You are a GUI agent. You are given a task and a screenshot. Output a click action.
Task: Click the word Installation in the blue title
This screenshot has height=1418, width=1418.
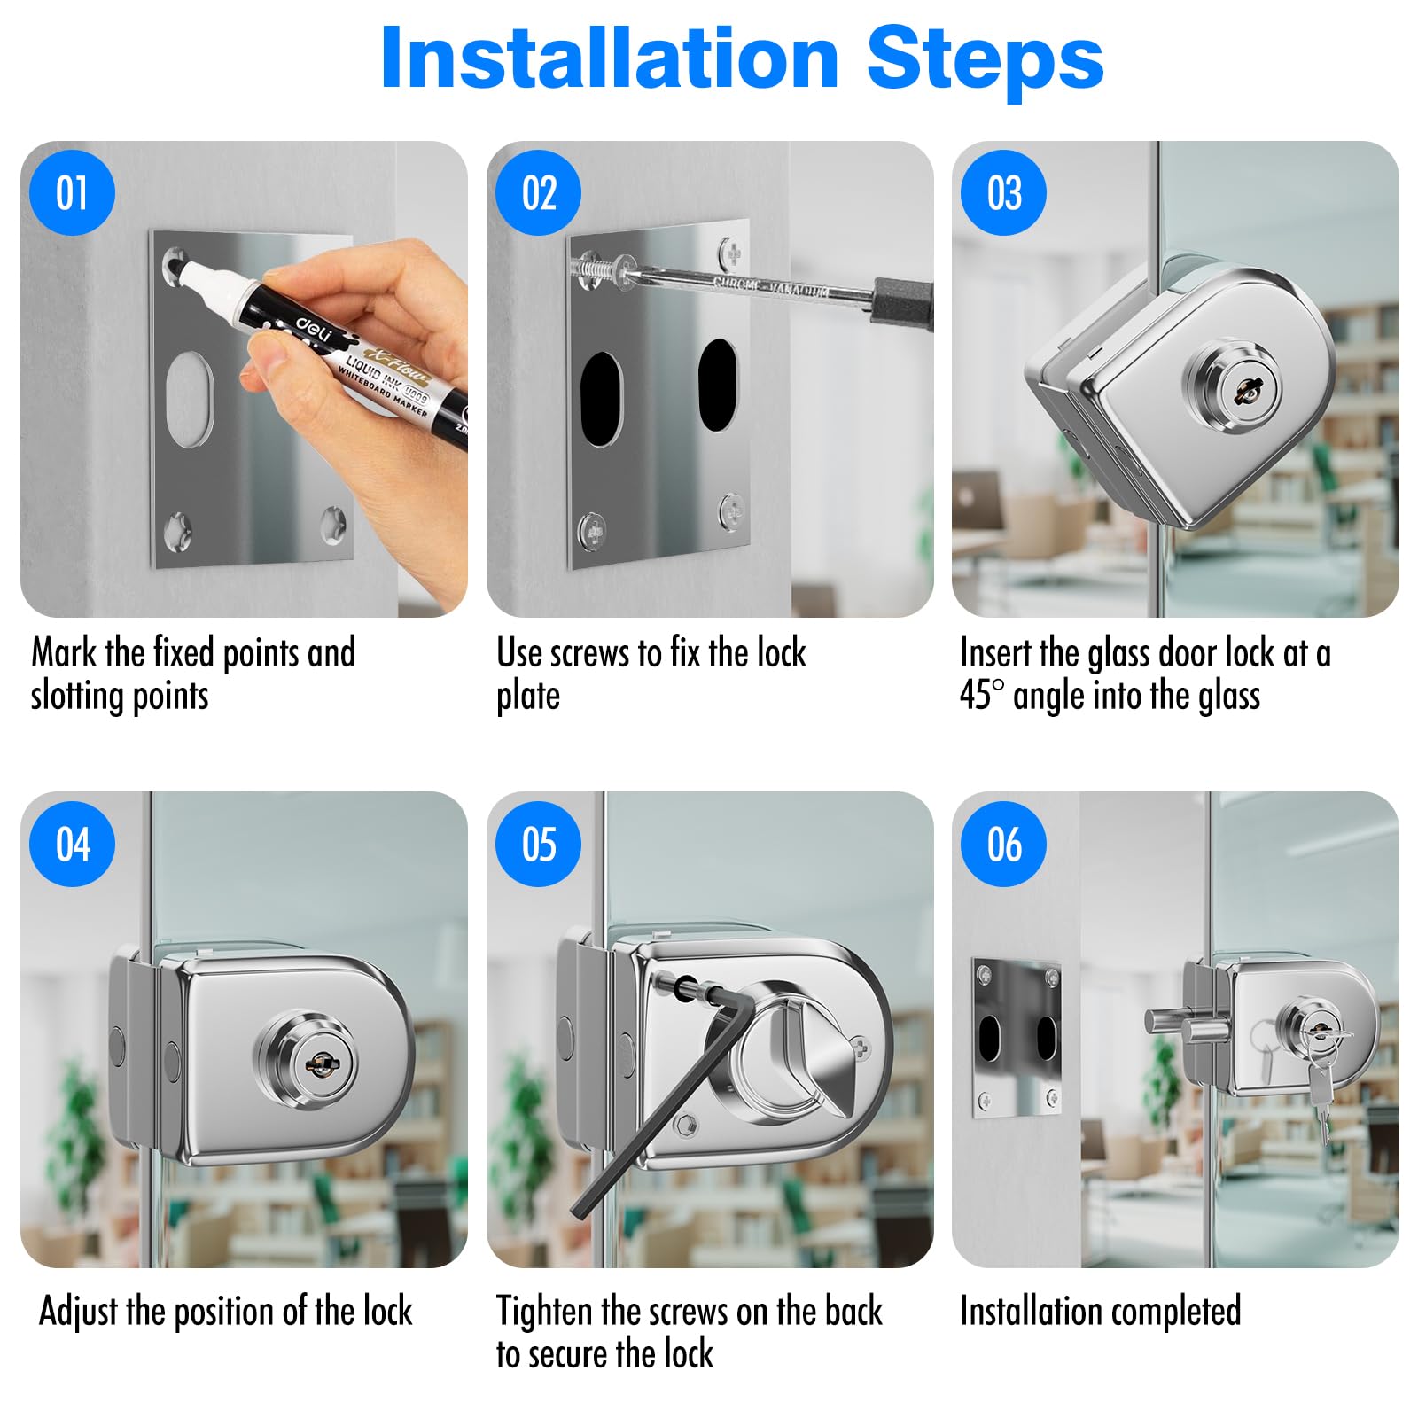point(610,58)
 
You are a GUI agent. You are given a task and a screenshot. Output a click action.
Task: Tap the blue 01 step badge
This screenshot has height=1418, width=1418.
point(73,193)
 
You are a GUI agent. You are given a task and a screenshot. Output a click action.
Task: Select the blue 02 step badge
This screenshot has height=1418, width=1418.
point(539,193)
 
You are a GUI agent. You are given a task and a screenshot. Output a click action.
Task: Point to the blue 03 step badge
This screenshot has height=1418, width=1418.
point(1004,193)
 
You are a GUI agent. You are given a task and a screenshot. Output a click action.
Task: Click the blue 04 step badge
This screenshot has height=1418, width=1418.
point(73,844)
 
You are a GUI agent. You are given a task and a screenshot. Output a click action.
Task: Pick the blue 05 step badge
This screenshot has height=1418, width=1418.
point(539,844)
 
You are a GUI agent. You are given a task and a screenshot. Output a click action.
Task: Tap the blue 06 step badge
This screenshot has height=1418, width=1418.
point(1004,844)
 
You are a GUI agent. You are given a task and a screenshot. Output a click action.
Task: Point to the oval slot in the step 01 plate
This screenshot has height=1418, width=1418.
point(189,399)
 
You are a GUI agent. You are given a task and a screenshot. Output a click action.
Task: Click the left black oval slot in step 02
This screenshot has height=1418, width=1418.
point(601,399)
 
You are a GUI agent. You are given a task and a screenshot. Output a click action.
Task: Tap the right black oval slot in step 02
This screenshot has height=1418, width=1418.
point(717,385)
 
